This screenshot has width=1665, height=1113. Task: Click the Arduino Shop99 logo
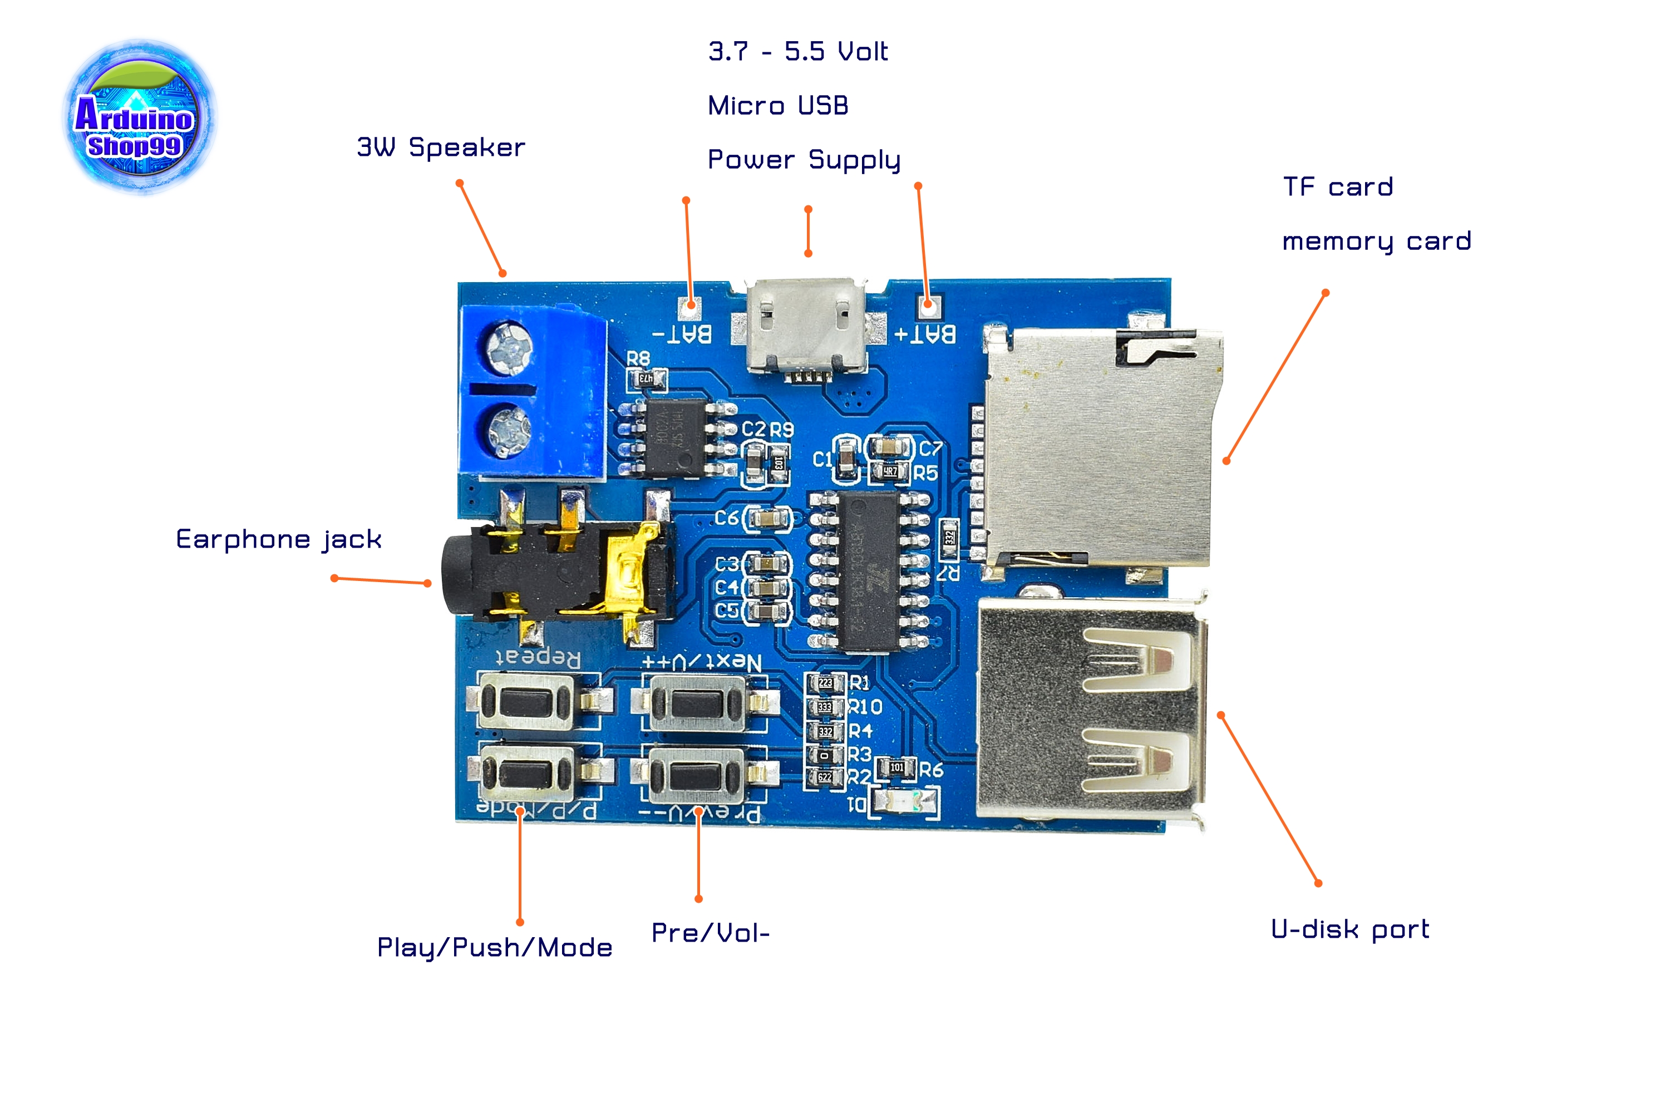139,116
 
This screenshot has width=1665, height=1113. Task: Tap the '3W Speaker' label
440,147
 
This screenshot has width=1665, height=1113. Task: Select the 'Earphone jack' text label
278,539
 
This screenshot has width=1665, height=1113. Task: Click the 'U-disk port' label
1350,929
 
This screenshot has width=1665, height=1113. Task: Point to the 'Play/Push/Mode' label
495,948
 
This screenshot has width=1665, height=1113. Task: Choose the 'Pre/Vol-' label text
711,933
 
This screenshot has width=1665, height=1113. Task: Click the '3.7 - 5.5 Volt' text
798,52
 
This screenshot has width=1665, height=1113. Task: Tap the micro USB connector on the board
806,325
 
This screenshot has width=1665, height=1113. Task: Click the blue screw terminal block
533,392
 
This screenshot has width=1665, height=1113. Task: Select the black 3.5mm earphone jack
554,568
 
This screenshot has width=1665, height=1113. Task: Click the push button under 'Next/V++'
697,703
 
